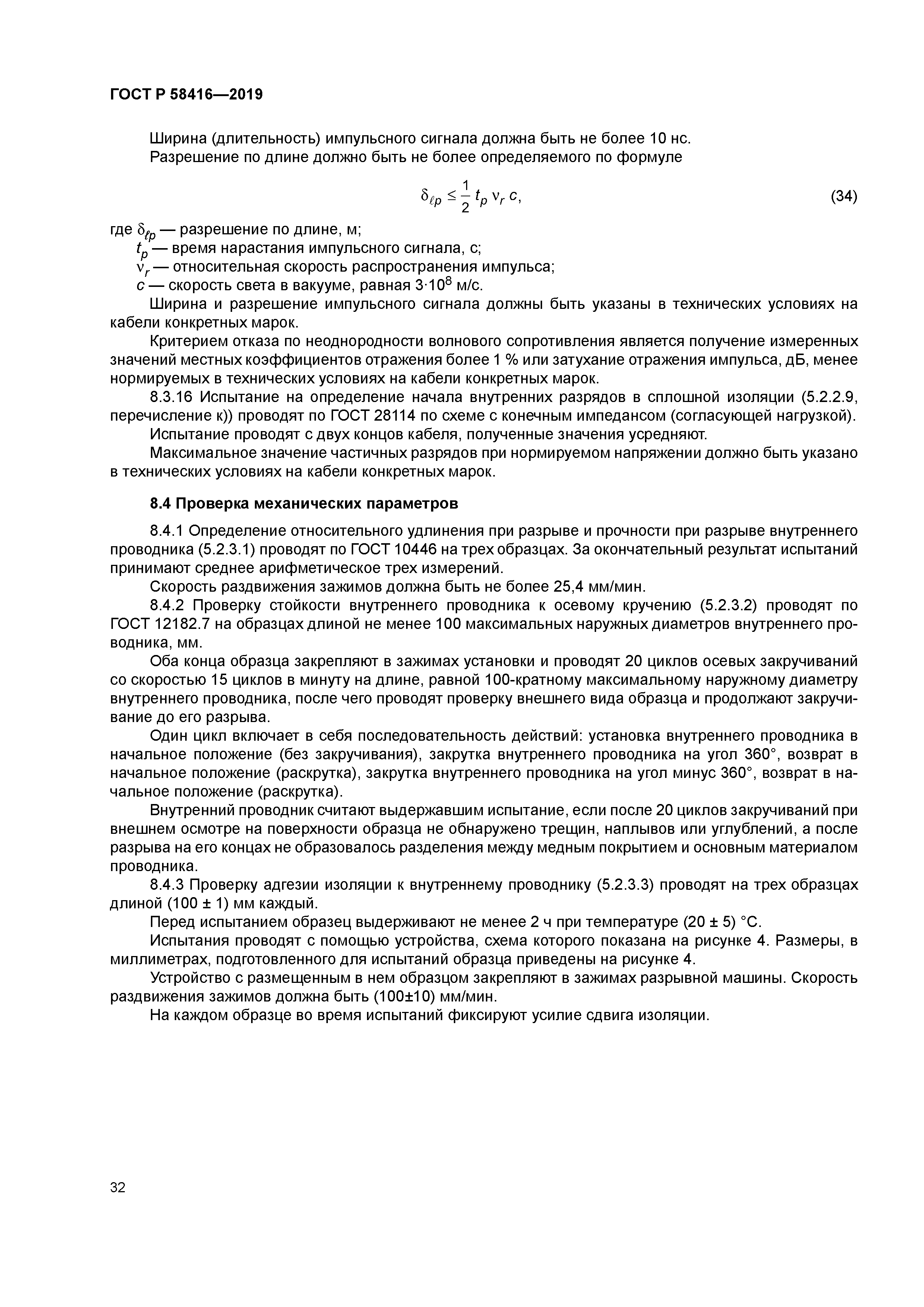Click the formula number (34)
[x=844, y=196]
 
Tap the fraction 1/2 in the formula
[x=465, y=196]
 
